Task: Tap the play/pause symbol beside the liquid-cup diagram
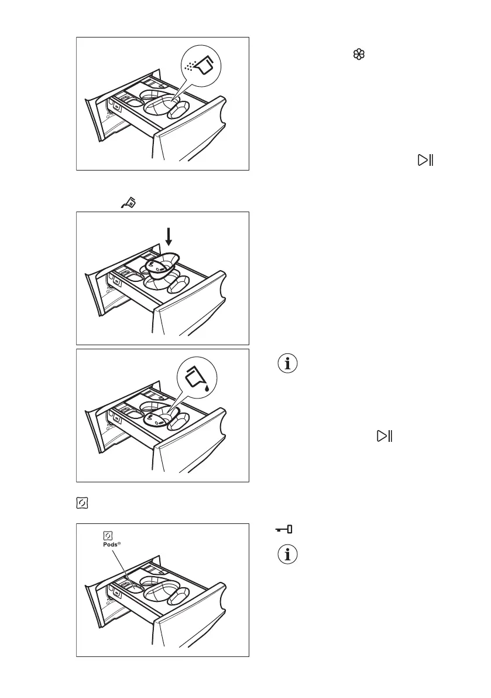(x=384, y=435)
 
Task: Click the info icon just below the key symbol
(x=287, y=554)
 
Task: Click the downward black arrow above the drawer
(x=169, y=237)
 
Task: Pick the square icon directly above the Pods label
(x=108, y=535)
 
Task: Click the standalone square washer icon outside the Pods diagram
(x=81, y=502)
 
